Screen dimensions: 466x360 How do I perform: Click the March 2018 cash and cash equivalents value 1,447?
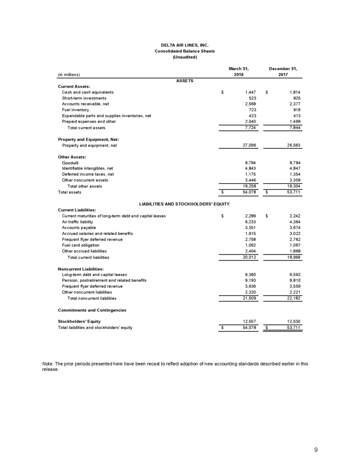pos(250,92)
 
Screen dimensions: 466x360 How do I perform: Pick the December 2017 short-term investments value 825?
pos(296,98)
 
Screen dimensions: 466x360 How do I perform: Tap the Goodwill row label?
pos(70,163)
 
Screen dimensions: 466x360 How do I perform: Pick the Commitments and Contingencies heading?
pos(92,310)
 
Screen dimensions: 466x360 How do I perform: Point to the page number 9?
pos(316,450)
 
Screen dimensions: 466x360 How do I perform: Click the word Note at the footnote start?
pos(48,363)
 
